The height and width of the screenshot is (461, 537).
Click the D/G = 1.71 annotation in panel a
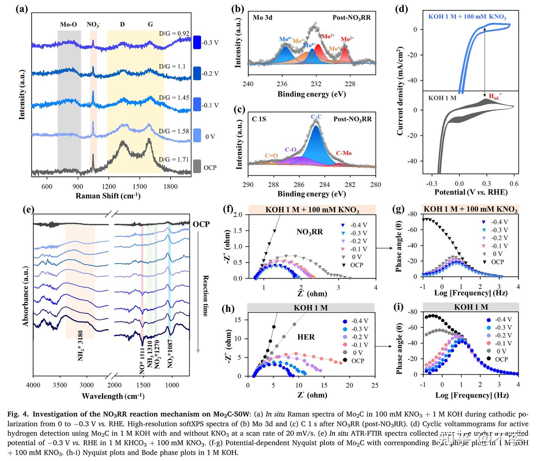[x=174, y=160]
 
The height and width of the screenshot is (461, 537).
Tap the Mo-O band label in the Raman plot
[x=69, y=25]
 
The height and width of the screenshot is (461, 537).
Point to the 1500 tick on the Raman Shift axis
[x=140, y=186]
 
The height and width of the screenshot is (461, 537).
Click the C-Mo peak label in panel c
[x=343, y=153]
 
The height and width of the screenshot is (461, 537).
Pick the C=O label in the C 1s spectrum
[x=271, y=156]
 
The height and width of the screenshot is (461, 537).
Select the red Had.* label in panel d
[x=495, y=97]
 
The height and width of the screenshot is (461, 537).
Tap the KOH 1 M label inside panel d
[x=442, y=98]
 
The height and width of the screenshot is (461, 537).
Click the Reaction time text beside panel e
[x=205, y=295]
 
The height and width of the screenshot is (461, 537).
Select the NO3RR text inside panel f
[x=310, y=232]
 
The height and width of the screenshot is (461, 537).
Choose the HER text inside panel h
[x=306, y=337]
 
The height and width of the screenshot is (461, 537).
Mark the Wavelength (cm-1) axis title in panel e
[x=113, y=396]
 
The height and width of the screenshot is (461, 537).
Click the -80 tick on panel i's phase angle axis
[x=412, y=312]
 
